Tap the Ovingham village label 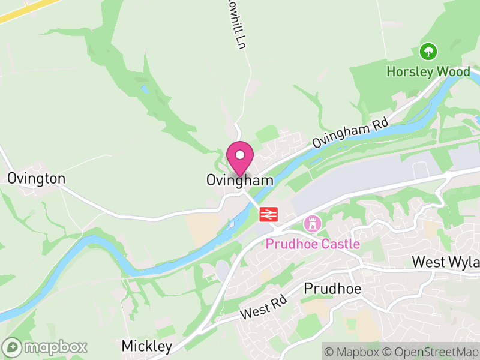(240, 180)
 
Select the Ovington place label (36, 179)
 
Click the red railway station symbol (268, 214)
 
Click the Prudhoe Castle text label (313, 244)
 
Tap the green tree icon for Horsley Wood (428, 52)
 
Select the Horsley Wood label (428, 71)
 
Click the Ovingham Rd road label (350, 134)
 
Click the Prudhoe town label (332, 289)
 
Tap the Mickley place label (146, 346)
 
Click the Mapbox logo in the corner (46, 347)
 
